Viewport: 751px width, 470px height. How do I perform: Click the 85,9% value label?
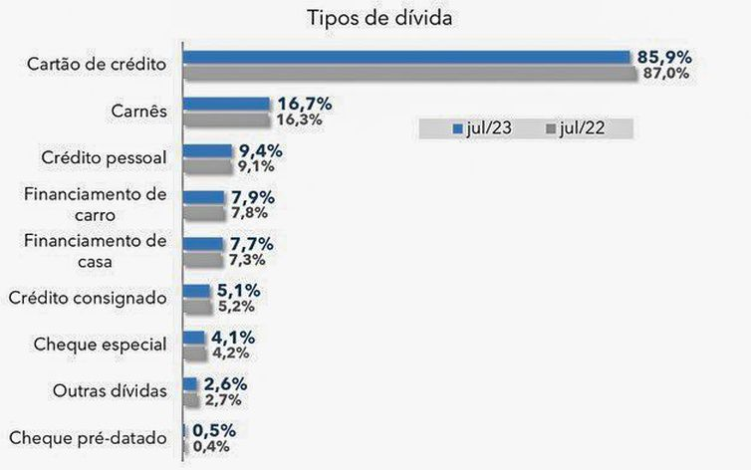[x=666, y=58]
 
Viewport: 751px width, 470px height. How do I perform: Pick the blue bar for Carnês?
[x=227, y=104]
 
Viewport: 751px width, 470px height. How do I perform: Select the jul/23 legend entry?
[x=483, y=129]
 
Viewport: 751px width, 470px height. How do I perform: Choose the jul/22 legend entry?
[x=575, y=129]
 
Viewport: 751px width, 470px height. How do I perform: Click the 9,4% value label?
[x=262, y=151]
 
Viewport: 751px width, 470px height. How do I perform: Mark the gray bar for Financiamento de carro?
[x=204, y=213]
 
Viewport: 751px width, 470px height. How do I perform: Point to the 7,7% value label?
[x=252, y=244]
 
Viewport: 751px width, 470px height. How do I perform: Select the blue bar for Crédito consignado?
[x=197, y=291]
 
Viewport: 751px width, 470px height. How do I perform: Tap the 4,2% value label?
[x=231, y=352]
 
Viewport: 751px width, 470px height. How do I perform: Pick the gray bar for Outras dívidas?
[x=191, y=399]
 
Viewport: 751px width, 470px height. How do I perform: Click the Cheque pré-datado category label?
[x=88, y=437]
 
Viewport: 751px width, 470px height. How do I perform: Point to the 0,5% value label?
[x=215, y=430]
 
